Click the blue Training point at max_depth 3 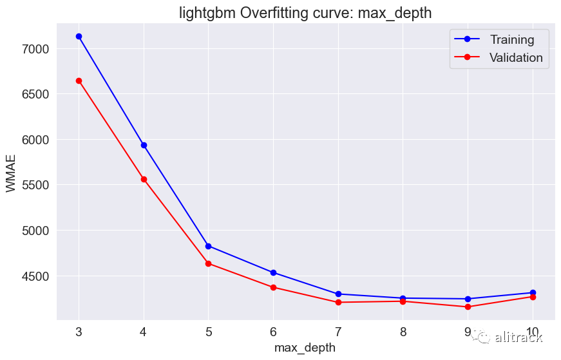pos(79,37)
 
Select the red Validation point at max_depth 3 pos(79,81)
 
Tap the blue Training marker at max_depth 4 pos(144,146)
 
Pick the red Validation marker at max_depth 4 pos(144,179)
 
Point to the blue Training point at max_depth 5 pos(209,246)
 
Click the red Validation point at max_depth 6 pos(273,287)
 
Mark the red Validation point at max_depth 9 pos(468,307)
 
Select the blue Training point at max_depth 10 pos(533,293)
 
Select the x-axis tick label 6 pos(273,332)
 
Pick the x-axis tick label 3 pos(79,332)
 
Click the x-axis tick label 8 pos(403,332)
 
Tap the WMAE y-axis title pos(11,173)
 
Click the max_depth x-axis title pos(305,348)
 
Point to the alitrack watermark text pos(518,337)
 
